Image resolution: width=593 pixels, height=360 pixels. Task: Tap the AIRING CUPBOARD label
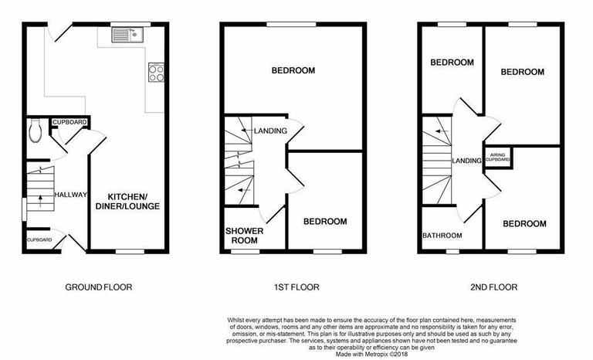(498, 158)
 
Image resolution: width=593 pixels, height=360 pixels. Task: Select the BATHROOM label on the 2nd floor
(442, 236)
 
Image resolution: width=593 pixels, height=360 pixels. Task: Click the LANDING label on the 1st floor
(271, 131)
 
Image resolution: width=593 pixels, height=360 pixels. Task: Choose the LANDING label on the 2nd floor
(466, 161)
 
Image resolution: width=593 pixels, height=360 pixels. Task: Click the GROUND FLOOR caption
(99, 287)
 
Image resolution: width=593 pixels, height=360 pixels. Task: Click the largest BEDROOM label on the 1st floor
(293, 71)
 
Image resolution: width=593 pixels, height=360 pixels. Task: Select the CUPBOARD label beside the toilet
(69, 123)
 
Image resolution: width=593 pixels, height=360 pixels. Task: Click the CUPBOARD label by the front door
(39, 240)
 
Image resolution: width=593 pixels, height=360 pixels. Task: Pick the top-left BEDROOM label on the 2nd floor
(452, 63)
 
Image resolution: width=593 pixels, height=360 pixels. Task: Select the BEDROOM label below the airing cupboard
(524, 224)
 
